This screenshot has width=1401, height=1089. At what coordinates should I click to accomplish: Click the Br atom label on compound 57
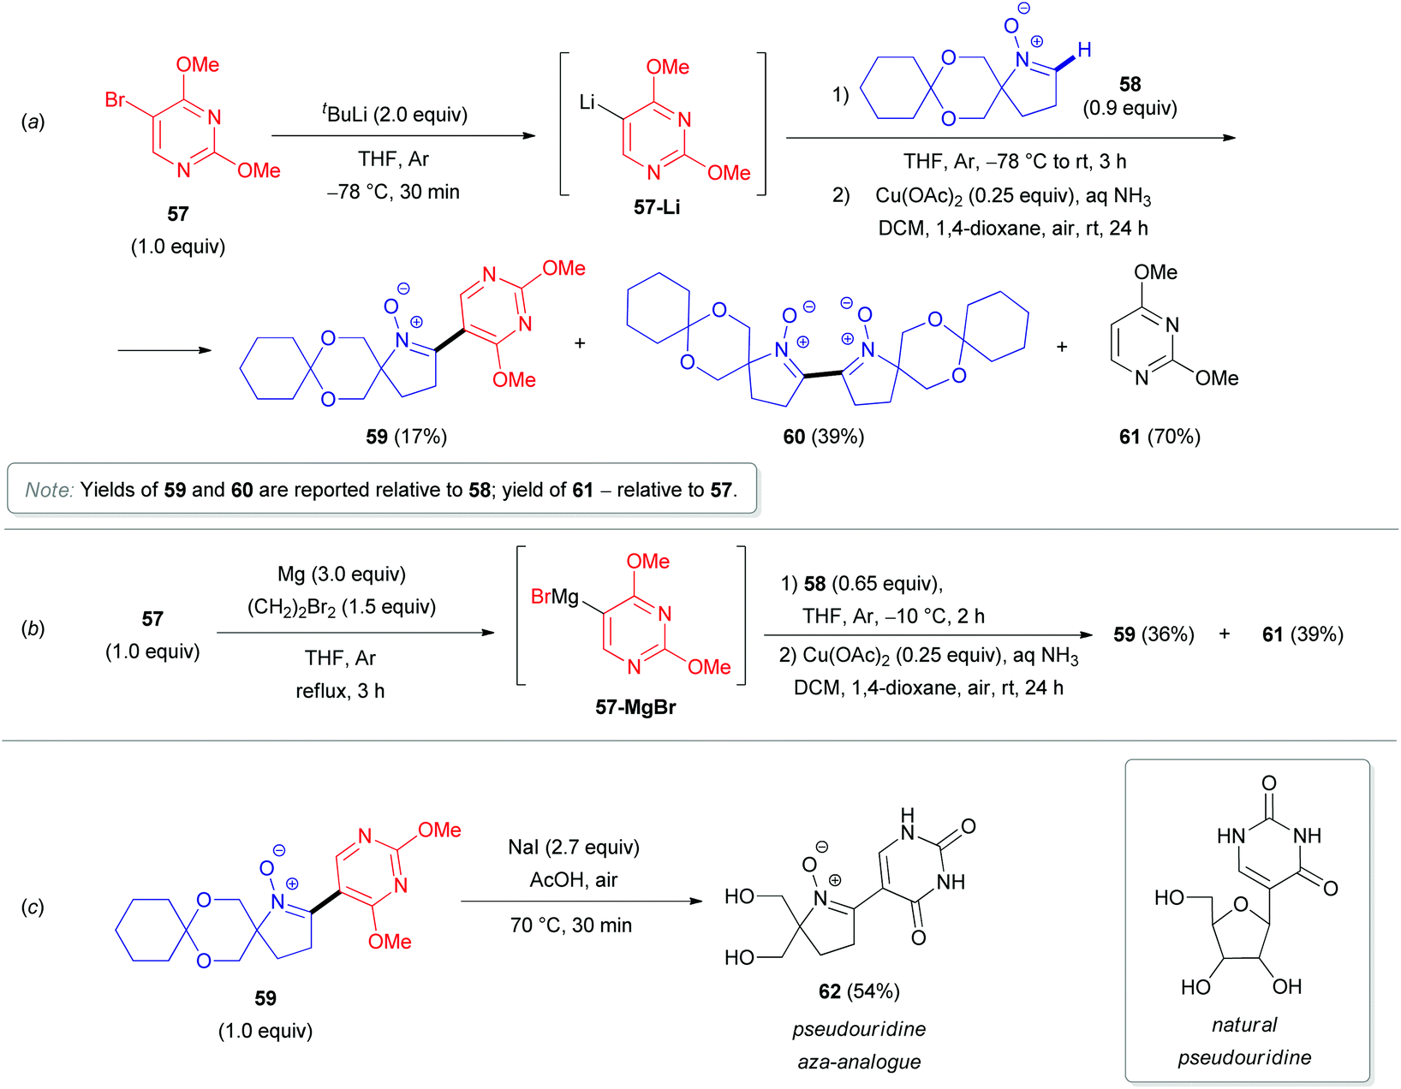(x=115, y=100)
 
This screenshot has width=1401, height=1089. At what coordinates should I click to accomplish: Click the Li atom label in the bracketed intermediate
(x=587, y=103)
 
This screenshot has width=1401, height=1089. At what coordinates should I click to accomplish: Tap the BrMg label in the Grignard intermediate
(x=555, y=596)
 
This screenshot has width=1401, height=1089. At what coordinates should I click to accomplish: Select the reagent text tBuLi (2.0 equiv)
(x=395, y=114)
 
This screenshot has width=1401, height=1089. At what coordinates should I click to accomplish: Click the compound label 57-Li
(x=657, y=207)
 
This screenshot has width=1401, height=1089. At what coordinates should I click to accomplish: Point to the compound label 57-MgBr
(x=635, y=707)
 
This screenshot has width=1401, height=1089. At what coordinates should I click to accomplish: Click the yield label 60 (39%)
(x=823, y=437)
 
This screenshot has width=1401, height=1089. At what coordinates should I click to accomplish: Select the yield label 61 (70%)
(x=1160, y=437)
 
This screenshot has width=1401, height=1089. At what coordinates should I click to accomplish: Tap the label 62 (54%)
(x=859, y=991)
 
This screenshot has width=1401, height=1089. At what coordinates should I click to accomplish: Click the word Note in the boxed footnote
(x=49, y=490)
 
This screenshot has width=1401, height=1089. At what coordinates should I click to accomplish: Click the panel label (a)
(x=33, y=122)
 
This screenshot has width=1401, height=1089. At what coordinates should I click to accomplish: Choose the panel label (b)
(x=33, y=628)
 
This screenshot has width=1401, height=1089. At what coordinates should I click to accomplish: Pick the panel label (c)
(x=33, y=907)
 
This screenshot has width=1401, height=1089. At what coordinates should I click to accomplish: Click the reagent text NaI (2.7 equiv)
(x=574, y=847)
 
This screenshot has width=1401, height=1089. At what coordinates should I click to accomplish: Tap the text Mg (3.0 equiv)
(x=342, y=574)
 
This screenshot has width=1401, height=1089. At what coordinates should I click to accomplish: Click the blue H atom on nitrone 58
(x=1084, y=51)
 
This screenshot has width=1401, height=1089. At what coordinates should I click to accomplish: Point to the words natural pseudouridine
(x=1244, y=1041)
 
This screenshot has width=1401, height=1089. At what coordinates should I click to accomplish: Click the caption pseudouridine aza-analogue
(x=859, y=1045)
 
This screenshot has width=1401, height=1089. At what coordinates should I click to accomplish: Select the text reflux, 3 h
(x=340, y=691)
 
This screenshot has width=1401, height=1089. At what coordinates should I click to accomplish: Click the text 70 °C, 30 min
(x=571, y=925)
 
